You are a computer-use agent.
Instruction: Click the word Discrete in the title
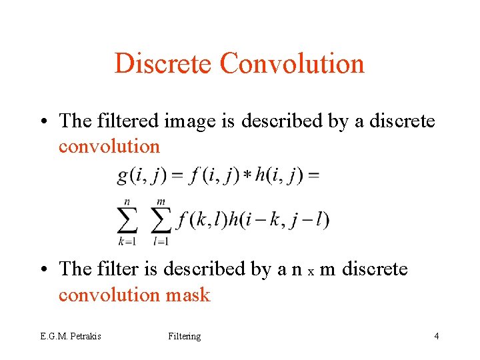click(x=164, y=64)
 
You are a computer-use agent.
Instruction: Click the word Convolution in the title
click(x=292, y=64)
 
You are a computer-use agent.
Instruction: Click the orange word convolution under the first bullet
click(x=109, y=146)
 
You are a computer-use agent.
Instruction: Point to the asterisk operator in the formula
click(x=247, y=175)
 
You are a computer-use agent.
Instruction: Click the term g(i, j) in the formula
click(x=141, y=175)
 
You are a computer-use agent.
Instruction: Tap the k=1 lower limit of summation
click(x=126, y=240)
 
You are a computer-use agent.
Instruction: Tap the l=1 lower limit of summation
click(x=161, y=240)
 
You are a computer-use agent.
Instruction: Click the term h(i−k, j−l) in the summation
click(x=279, y=219)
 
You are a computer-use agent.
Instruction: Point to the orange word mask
click(x=187, y=294)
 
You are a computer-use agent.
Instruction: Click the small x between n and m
click(x=311, y=271)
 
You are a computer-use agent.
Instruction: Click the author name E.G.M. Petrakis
click(x=70, y=336)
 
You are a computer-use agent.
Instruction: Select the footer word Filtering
click(x=185, y=336)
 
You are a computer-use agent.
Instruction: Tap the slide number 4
click(x=436, y=336)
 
